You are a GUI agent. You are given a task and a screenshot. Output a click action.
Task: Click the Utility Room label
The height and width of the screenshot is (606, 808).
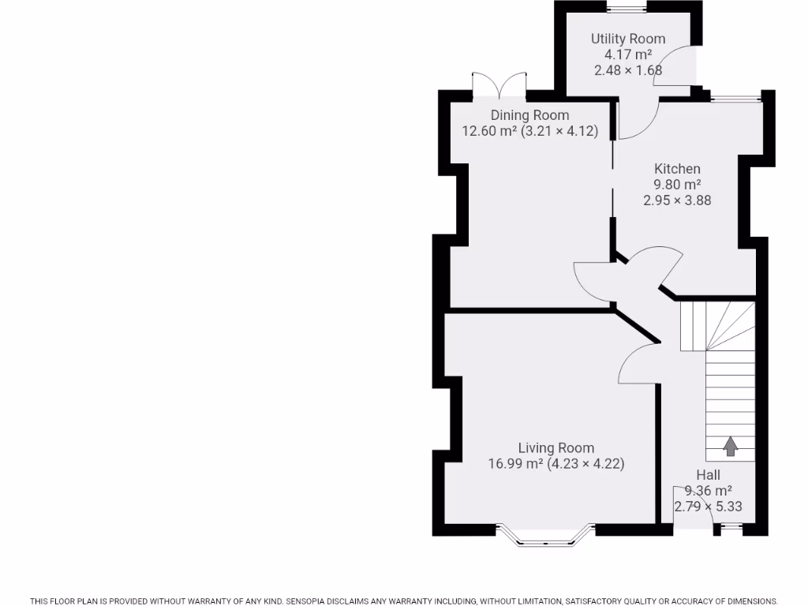[628, 39]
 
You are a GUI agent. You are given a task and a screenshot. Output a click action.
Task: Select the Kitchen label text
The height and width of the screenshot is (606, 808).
[677, 168]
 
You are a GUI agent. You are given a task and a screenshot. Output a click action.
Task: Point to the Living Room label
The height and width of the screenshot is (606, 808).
[555, 447]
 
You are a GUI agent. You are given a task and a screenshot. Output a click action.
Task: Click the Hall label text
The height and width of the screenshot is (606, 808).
[708, 474]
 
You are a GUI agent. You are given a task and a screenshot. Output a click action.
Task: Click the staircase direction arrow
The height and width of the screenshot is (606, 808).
[730, 446]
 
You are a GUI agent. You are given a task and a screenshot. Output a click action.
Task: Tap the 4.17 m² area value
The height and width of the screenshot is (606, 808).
[628, 54]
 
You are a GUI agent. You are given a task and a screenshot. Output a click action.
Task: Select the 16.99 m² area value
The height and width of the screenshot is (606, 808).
[515, 464]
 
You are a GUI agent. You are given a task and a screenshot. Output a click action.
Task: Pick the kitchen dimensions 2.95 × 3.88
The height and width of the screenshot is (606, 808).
[677, 200]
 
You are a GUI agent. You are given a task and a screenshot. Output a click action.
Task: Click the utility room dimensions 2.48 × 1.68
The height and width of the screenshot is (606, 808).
[628, 70]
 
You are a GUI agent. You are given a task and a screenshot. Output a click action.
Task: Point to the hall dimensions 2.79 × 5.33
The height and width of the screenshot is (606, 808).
[708, 507]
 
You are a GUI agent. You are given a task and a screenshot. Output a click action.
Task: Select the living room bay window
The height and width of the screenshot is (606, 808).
[545, 537]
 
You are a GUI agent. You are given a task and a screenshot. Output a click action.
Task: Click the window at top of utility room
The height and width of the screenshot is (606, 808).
[627, 9]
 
